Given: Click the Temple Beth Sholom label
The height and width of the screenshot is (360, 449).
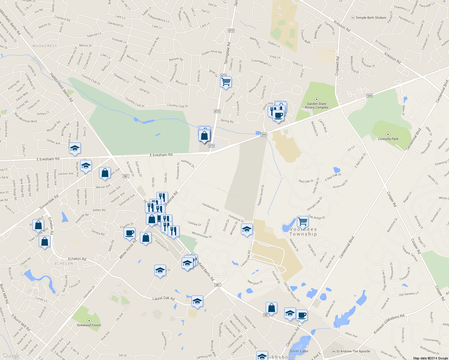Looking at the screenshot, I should (371, 18).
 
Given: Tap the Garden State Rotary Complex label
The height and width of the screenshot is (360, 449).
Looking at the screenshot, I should (316, 105).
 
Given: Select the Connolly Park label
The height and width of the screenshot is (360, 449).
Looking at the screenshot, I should (388, 139).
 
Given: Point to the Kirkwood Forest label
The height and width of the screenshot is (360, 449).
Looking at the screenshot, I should (89, 325).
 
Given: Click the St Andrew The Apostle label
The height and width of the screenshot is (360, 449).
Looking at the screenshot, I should (353, 351).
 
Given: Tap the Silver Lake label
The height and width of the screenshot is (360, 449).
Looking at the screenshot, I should (299, 351).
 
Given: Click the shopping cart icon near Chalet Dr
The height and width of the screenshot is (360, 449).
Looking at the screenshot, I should (226, 82).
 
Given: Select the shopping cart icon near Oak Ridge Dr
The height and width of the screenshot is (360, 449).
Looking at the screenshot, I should (303, 222).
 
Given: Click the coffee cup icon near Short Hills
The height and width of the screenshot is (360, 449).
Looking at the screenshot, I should (278, 115).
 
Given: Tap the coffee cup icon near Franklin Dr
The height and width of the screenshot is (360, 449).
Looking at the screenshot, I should (129, 233).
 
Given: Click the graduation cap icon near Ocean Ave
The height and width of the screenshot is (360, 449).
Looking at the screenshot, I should (75, 148).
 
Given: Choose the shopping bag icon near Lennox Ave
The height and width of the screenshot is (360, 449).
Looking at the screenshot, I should (105, 173).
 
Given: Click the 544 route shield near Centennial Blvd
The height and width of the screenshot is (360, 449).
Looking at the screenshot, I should (369, 96).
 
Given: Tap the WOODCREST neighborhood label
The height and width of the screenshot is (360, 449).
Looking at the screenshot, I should (45, 46).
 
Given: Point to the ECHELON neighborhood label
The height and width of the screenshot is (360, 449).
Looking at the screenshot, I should (64, 263).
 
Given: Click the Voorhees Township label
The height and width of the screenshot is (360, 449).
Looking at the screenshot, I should (303, 232).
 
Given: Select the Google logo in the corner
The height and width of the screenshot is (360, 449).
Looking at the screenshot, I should (11, 355).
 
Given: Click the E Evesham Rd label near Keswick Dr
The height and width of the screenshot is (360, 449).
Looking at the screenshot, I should (161, 155).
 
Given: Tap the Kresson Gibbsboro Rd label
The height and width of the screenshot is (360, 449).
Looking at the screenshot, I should (389, 324).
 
